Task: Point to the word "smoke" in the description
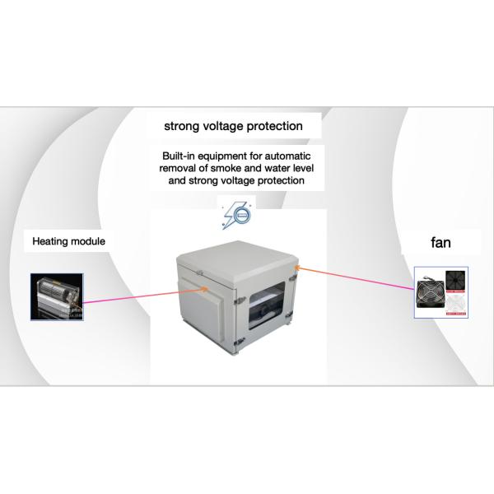point(226,168)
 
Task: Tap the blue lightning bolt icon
point(236,215)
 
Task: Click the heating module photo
point(57,296)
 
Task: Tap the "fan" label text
point(440,243)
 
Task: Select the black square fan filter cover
point(455,282)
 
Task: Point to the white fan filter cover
point(455,304)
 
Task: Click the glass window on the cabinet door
point(267,305)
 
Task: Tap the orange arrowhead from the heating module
point(204,289)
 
